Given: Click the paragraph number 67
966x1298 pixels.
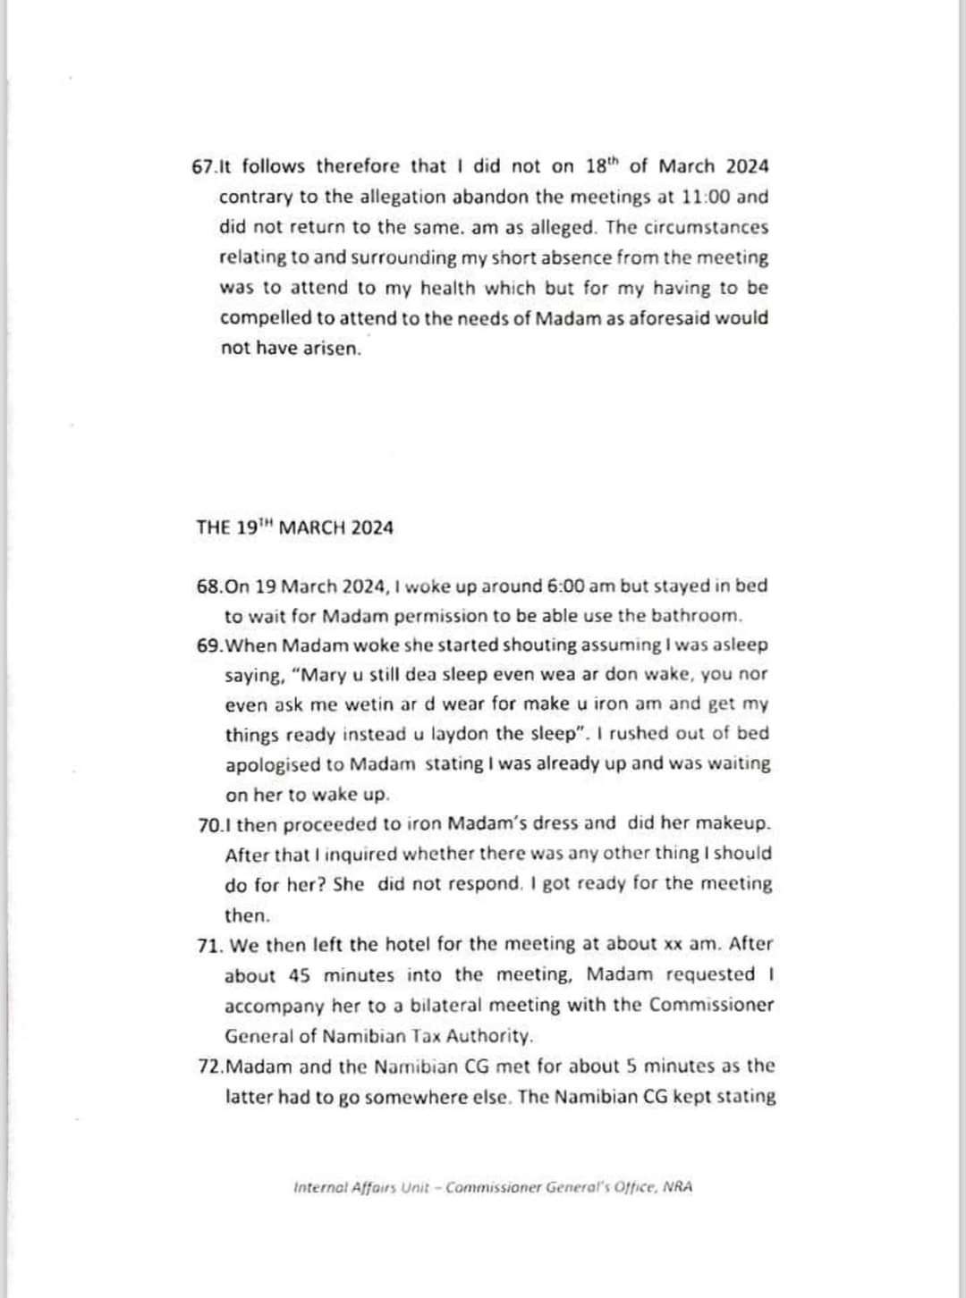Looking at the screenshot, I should (x=204, y=166).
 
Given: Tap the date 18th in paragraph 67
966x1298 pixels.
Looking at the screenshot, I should (x=602, y=165).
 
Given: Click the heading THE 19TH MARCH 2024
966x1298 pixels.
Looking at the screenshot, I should (x=294, y=527).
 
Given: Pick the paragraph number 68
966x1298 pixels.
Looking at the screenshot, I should (x=209, y=586).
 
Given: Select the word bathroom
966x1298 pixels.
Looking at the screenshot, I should (x=697, y=616).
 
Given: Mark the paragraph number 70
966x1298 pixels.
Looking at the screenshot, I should (x=209, y=823).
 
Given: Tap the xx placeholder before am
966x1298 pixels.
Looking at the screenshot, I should (x=673, y=945).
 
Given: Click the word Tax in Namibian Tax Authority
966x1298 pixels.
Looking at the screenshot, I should (x=425, y=1036).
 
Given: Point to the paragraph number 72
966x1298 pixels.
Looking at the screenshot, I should (x=209, y=1066).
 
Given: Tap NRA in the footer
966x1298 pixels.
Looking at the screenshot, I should (x=678, y=1187).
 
